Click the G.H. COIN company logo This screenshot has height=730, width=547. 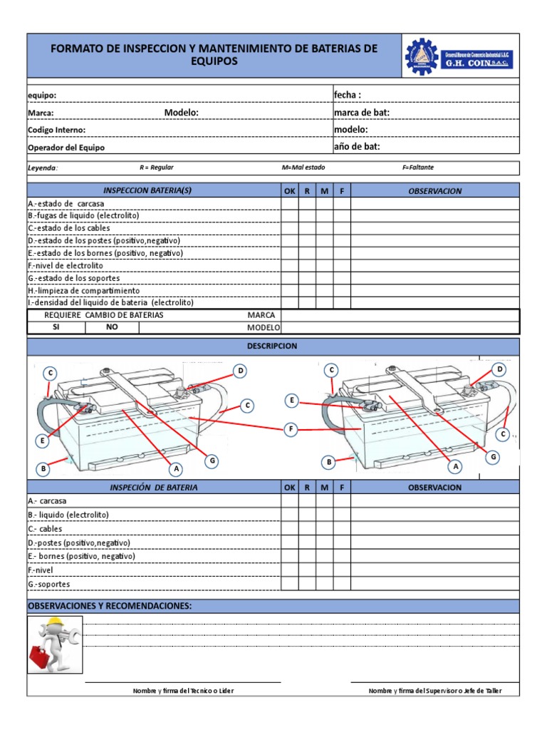pyautogui.click(x=459, y=56)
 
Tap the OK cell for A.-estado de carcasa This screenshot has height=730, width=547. pyautogui.click(x=289, y=204)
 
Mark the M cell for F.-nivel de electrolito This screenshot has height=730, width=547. pyautogui.click(x=324, y=265)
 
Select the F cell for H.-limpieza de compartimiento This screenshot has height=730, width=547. pyautogui.click(x=342, y=290)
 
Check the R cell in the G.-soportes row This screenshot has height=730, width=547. pyautogui.click(x=307, y=584)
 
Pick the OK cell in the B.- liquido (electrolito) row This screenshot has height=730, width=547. pyautogui.click(x=289, y=515)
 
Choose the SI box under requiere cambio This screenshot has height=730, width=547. pyautogui.click(x=56, y=327)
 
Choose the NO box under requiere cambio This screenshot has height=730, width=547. pyautogui.click(x=112, y=327)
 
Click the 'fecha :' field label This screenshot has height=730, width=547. pyautogui.click(x=348, y=95)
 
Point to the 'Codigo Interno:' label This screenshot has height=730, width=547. pyautogui.click(x=56, y=130)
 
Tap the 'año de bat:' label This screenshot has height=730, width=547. pyautogui.click(x=357, y=147)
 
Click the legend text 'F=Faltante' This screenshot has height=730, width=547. pyautogui.click(x=418, y=168)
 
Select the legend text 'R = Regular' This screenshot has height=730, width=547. pyautogui.click(x=157, y=168)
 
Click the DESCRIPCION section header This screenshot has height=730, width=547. pyautogui.click(x=273, y=346)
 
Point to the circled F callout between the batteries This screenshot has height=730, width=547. pyautogui.click(x=290, y=428)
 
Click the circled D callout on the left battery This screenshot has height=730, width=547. pyautogui.click(x=241, y=371)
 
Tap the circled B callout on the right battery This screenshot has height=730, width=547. pyautogui.click(x=329, y=463)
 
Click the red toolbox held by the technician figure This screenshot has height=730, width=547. pyautogui.click(x=41, y=657)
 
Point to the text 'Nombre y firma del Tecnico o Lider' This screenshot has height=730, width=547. pyautogui.click(x=183, y=691)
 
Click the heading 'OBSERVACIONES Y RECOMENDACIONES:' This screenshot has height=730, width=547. pyautogui.click(x=110, y=606)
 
